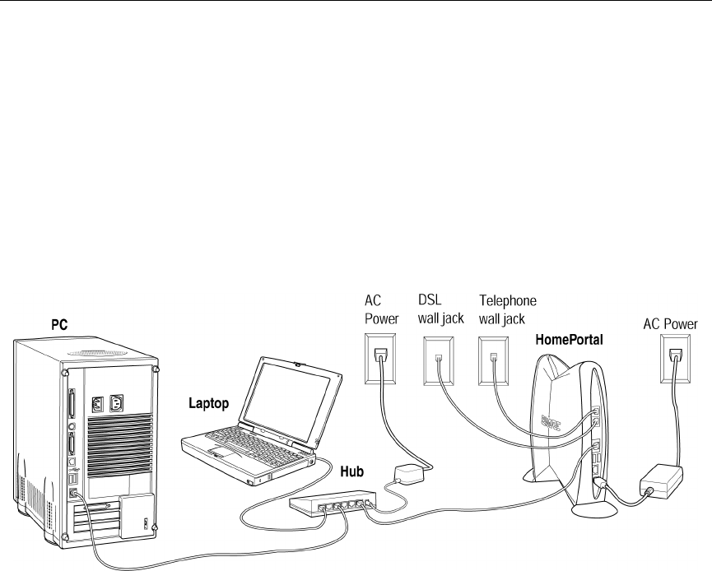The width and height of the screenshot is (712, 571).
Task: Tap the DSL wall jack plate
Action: tap(438, 360)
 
